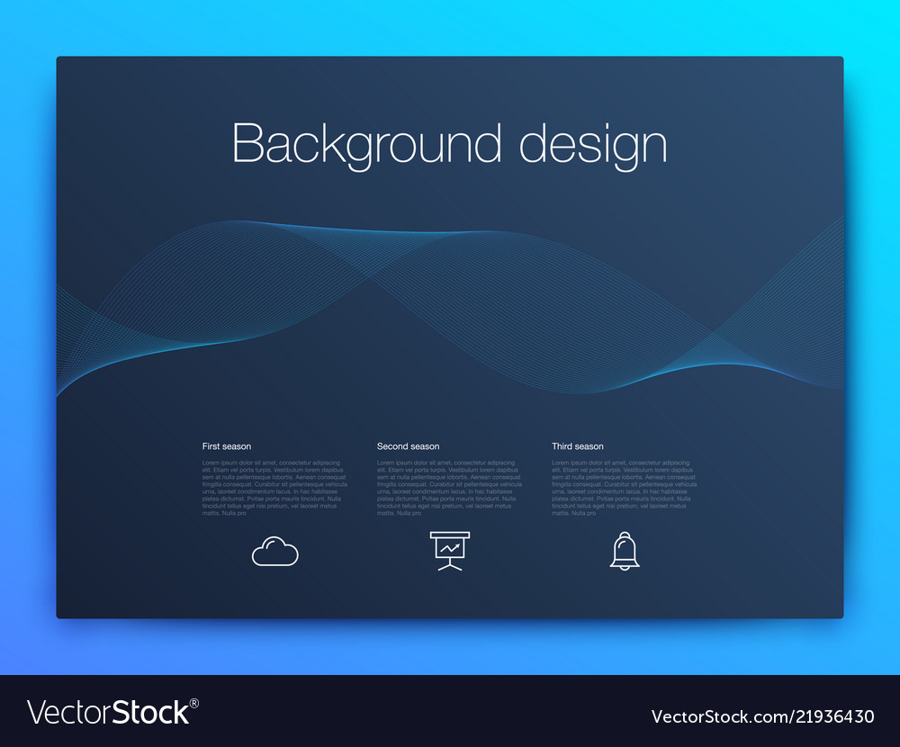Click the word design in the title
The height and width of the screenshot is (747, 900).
(593, 144)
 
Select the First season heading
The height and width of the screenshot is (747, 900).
(227, 446)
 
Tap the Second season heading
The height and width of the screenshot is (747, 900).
(408, 446)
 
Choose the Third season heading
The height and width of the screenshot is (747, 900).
(578, 446)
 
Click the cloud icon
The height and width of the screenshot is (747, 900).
(274, 551)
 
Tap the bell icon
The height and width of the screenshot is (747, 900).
(625, 550)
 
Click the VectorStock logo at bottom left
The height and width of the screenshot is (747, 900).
(108, 713)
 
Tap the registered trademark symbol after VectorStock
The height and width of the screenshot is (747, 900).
(194, 703)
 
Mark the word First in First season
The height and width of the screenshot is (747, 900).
(211, 446)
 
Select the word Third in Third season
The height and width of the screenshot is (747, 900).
(562, 446)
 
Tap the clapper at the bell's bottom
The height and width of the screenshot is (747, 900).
(625, 567)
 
